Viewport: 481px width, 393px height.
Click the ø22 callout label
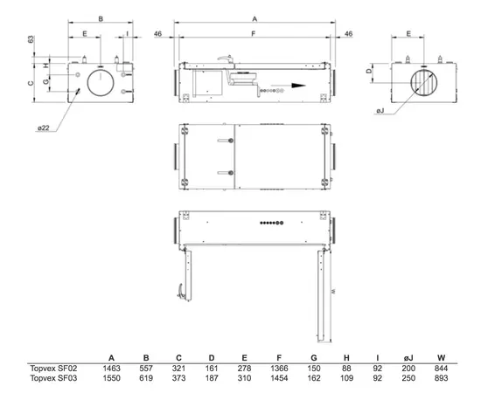coord(44,128)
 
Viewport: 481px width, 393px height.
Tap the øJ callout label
coord(380,111)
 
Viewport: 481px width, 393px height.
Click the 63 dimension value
coord(31,39)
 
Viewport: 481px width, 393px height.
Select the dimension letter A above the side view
coord(254,19)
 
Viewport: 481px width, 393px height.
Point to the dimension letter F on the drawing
coord(254,33)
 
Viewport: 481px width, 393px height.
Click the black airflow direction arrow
coord(289,86)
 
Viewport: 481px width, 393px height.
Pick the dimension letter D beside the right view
coord(369,71)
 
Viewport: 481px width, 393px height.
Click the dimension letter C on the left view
coord(31,83)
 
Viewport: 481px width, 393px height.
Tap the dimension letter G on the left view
coord(45,82)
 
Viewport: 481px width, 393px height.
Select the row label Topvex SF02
coord(53,369)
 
